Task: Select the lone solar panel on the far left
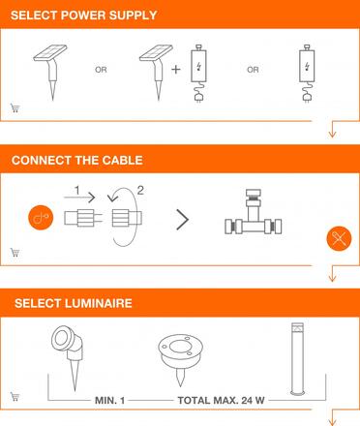pyautogui.click(x=49, y=69)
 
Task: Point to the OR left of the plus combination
pyautogui.click(x=100, y=70)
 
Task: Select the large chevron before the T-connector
pyautogui.click(x=181, y=218)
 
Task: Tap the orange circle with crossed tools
pyautogui.click(x=338, y=236)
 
